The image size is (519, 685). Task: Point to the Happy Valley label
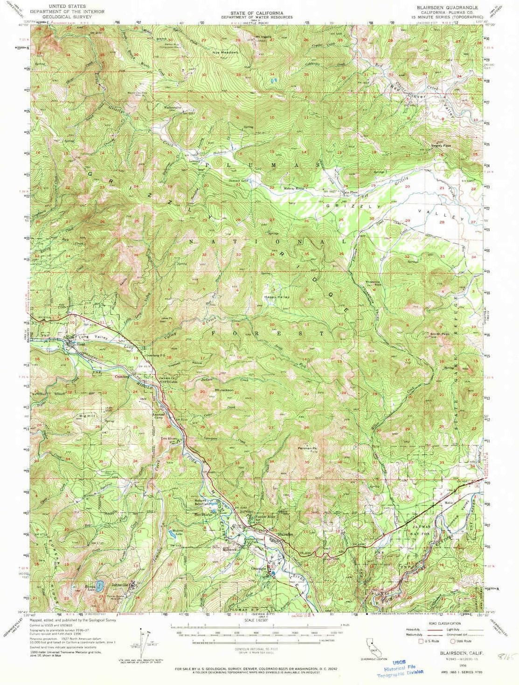pyautogui.click(x=277, y=297)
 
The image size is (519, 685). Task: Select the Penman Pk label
pyautogui.click(x=307, y=448)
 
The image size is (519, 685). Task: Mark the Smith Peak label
pyautogui.click(x=440, y=334)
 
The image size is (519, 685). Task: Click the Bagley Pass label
pyautogui.click(x=441, y=145)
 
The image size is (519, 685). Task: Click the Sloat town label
pyautogui.click(x=81, y=344)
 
